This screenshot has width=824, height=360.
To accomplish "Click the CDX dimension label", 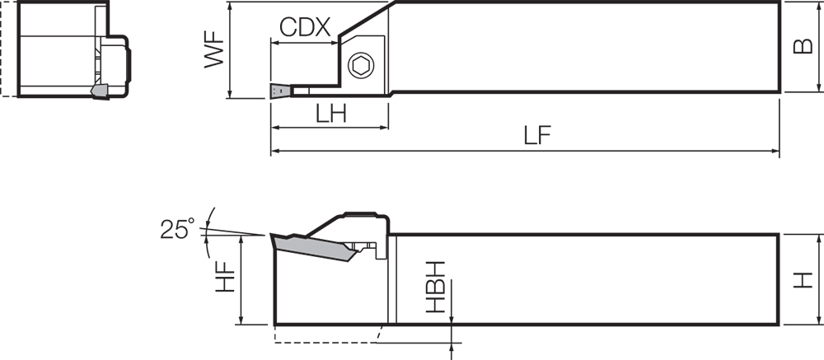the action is [305, 27].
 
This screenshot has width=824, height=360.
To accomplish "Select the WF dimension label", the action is [214, 52].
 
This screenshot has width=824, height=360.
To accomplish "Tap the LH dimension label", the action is [331, 114].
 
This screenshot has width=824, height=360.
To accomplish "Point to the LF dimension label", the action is [537, 136].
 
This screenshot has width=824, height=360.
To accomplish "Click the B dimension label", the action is [803, 46].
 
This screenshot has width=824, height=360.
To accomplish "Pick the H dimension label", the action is [803, 279].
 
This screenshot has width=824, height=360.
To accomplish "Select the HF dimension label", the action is [226, 278].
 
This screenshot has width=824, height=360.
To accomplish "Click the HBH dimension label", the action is [436, 287].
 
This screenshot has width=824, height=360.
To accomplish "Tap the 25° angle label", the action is [177, 229].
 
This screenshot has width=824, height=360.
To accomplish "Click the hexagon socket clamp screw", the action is [361, 66].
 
